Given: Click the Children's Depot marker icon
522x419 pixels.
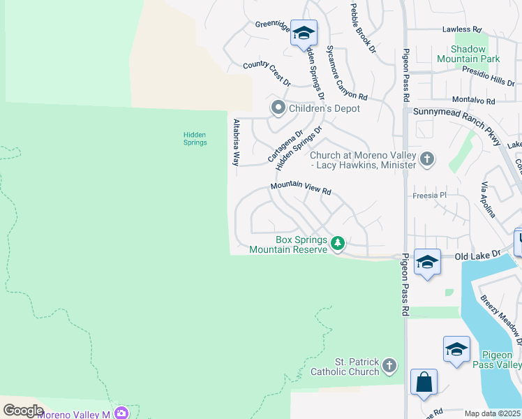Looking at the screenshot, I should point(278,108).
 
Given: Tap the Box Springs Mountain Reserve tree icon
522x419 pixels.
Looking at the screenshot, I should point(338,243).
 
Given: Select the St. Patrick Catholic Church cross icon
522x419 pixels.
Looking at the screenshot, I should point(389,365).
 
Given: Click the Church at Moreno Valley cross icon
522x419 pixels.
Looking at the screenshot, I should point(427,160).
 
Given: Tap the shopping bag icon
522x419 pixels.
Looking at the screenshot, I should point(424,382).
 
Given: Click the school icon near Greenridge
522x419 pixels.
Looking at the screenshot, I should point(304,32).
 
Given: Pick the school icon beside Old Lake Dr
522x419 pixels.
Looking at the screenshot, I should point(427,262).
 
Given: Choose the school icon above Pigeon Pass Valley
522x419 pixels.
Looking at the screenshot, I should point(456,348).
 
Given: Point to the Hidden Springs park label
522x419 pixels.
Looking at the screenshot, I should point(195,138).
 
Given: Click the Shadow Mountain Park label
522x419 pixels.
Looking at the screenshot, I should point(467,54).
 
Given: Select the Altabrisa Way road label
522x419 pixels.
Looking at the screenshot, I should point(236,142).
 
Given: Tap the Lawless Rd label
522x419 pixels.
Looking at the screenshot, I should point(462,30).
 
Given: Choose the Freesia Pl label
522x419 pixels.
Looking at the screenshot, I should point(429,196).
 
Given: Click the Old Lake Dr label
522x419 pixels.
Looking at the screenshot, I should point(478,256).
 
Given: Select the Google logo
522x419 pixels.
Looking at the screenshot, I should point(23,410).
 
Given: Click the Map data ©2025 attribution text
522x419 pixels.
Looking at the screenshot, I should point(492,413).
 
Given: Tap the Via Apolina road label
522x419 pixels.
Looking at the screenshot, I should point(488,200).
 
